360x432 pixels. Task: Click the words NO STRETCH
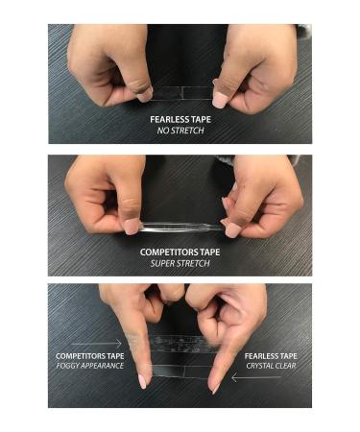pyautogui.click(x=180, y=130)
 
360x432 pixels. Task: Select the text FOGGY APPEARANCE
pyautogui.click(x=89, y=366)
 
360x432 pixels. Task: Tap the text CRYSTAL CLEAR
pyautogui.click(x=270, y=366)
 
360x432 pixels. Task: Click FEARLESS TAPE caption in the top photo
pyautogui.click(x=180, y=119)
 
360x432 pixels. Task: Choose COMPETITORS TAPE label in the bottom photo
pyautogui.click(x=89, y=355)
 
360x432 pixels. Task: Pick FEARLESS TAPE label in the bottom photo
pyautogui.click(x=270, y=355)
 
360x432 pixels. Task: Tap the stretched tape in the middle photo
pyautogui.click(x=180, y=227)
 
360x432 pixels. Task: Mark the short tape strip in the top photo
pyautogui.click(x=180, y=93)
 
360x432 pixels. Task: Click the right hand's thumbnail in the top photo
pyautogui.click(x=220, y=98)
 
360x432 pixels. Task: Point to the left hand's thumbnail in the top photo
pyautogui.click(x=144, y=95)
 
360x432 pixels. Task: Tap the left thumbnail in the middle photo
pyautogui.click(x=132, y=227)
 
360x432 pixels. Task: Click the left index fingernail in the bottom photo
pyautogui.click(x=142, y=381)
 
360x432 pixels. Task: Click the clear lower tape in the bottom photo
pyautogui.click(x=179, y=365)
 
